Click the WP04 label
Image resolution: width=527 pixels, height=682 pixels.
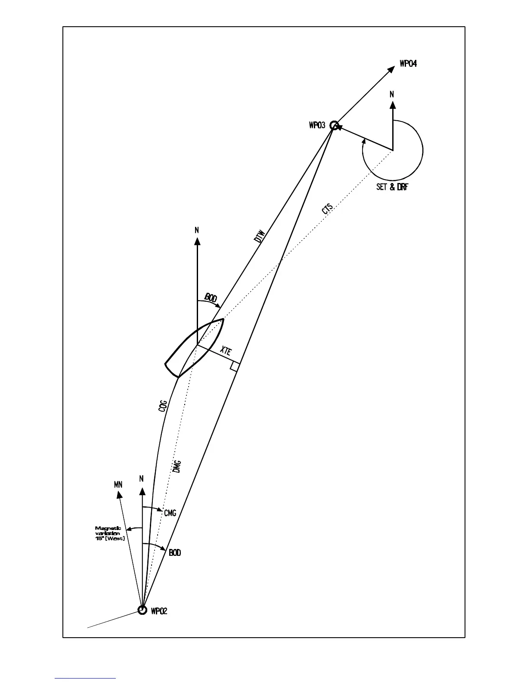point(408,64)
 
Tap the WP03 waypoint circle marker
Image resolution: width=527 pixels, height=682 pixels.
point(334,126)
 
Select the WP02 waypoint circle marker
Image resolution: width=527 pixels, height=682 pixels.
point(142,610)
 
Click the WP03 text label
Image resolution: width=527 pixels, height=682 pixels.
point(317,126)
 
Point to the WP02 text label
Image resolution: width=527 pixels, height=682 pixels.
point(159,611)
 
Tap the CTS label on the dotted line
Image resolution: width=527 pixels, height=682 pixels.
point(328,210)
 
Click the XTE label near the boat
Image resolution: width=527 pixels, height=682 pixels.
point(226,351)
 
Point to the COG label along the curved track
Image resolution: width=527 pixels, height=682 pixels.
point(163,406)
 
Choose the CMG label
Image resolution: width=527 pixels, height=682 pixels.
point(170,513)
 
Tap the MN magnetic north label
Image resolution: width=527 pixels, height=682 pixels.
point(118,485)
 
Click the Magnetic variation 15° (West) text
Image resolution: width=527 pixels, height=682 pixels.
point(110,533)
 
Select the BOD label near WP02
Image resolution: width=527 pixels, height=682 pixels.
point(175,552)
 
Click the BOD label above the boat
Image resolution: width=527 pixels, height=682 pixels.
point(211,297)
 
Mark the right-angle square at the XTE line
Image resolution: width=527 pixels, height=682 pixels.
point(235,366)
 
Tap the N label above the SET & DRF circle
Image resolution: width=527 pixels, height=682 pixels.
point(392,94)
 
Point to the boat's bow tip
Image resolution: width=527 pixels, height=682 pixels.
point(223,319)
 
